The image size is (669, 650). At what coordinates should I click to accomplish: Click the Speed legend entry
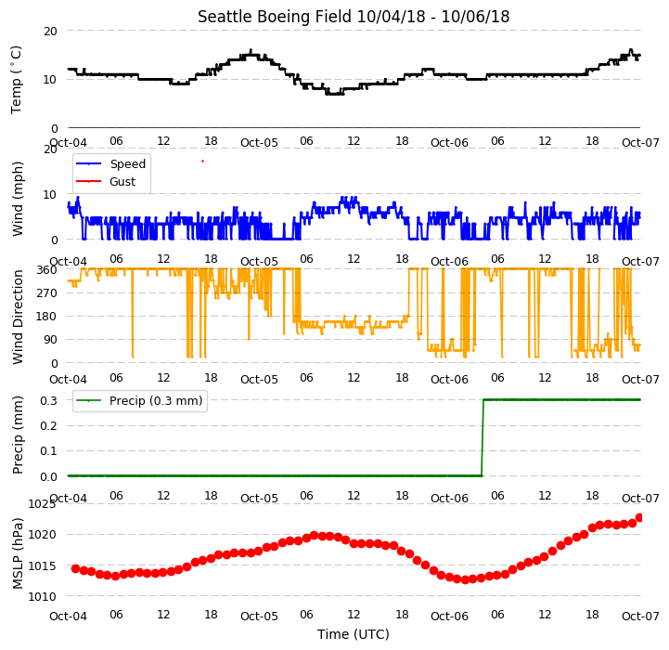(x=111, y=164)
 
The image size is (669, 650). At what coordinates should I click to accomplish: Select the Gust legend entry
(x=106, y=181)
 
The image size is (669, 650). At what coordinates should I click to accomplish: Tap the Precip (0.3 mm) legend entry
(x=139, y=400)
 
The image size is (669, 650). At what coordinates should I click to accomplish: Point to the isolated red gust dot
(x=202, y=161)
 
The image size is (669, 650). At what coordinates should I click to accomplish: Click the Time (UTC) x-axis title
(x=354, y=634)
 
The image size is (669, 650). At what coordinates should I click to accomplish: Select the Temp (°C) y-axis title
(x=16, y=80)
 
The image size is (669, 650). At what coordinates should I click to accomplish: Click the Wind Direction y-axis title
(x=18, y=317)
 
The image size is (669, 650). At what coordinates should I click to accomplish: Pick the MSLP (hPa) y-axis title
(x=18, y=553)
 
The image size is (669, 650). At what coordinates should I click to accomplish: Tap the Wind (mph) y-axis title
(x=18, y=199)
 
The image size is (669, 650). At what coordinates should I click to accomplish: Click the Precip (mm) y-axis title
(x=18, y=435)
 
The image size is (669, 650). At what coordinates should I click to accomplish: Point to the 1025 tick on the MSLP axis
(x=42, y=504)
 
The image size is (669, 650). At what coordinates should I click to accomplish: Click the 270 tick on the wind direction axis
(x=47, y=293)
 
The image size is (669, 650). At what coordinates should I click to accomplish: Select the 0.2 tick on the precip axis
(x=48, y=426)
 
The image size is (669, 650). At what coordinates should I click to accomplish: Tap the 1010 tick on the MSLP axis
(x=42, y=597)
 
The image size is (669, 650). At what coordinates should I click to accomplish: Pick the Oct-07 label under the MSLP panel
(x=640, y=616)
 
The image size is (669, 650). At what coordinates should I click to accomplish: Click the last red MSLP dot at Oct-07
(x=639, y=517)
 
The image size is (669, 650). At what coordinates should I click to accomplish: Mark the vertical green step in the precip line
(x=482, y=437)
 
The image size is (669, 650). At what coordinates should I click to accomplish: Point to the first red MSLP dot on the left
(x=75, y=568)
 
